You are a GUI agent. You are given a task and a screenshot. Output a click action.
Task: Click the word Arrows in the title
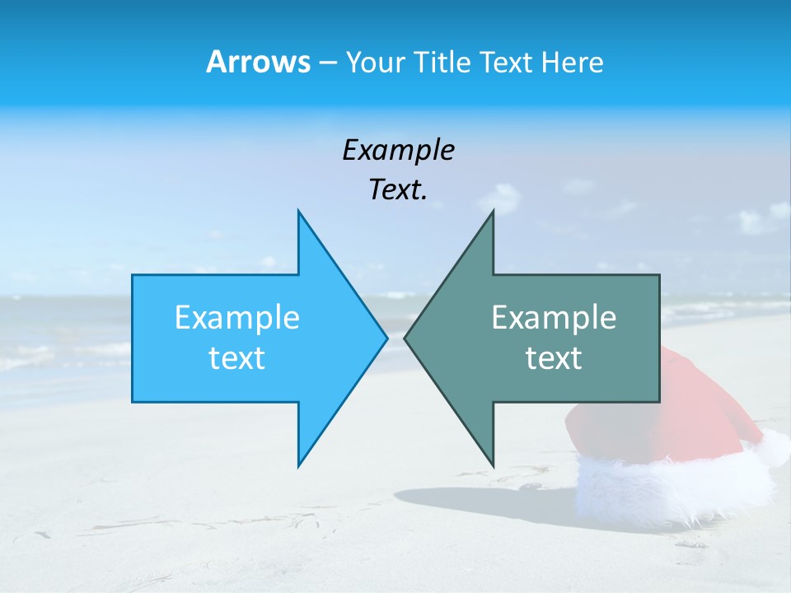258,62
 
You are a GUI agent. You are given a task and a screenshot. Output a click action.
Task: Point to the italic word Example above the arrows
398,151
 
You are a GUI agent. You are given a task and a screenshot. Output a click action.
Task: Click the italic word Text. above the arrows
398,190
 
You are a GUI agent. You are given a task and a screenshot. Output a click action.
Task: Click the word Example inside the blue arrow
237,318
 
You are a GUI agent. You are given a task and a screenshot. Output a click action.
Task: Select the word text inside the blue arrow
237,358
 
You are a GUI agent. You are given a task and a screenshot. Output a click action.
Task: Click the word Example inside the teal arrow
554,318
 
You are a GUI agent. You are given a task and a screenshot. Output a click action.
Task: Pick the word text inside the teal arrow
554,358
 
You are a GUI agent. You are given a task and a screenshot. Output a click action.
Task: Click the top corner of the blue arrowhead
299,212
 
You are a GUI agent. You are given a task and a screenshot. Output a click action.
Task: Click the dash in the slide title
327,63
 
